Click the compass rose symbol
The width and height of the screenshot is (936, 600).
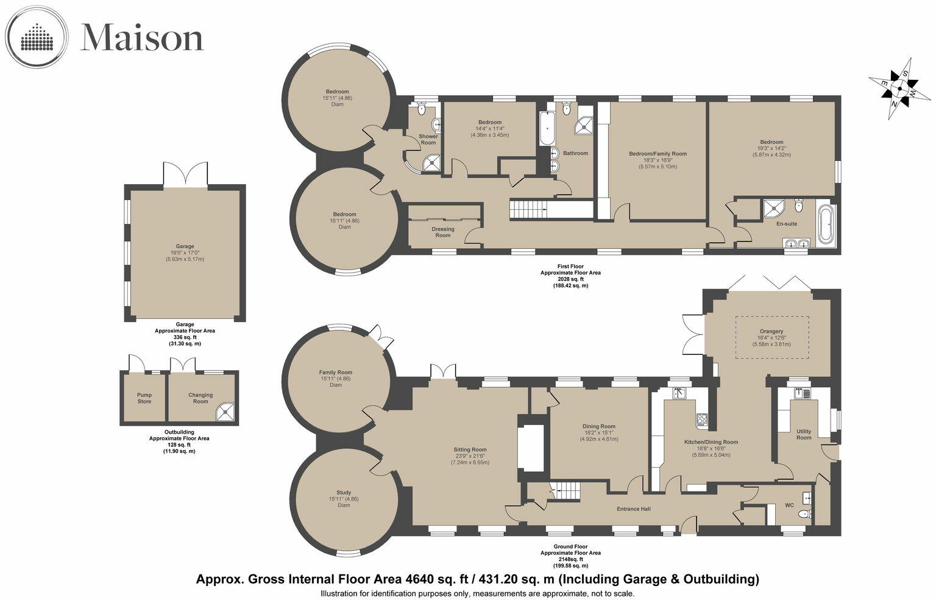point(899,89)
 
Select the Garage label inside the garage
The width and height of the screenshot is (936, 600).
point(185,246)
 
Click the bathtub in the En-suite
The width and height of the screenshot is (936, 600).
point(826,225)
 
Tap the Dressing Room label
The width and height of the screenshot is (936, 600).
point(443,232)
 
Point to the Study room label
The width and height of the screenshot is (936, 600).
point(344,493)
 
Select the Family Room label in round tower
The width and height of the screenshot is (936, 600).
point(336,373)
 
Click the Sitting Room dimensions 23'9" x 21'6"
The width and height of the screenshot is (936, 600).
point(470,456)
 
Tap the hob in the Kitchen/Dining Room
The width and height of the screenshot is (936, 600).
point(701,419)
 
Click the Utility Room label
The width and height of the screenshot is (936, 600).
point(804,434)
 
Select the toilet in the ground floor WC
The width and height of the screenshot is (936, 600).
point(804,515)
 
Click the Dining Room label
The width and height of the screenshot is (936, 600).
point(599,426)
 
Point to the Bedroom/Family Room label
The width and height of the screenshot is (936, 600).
point(658,154)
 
